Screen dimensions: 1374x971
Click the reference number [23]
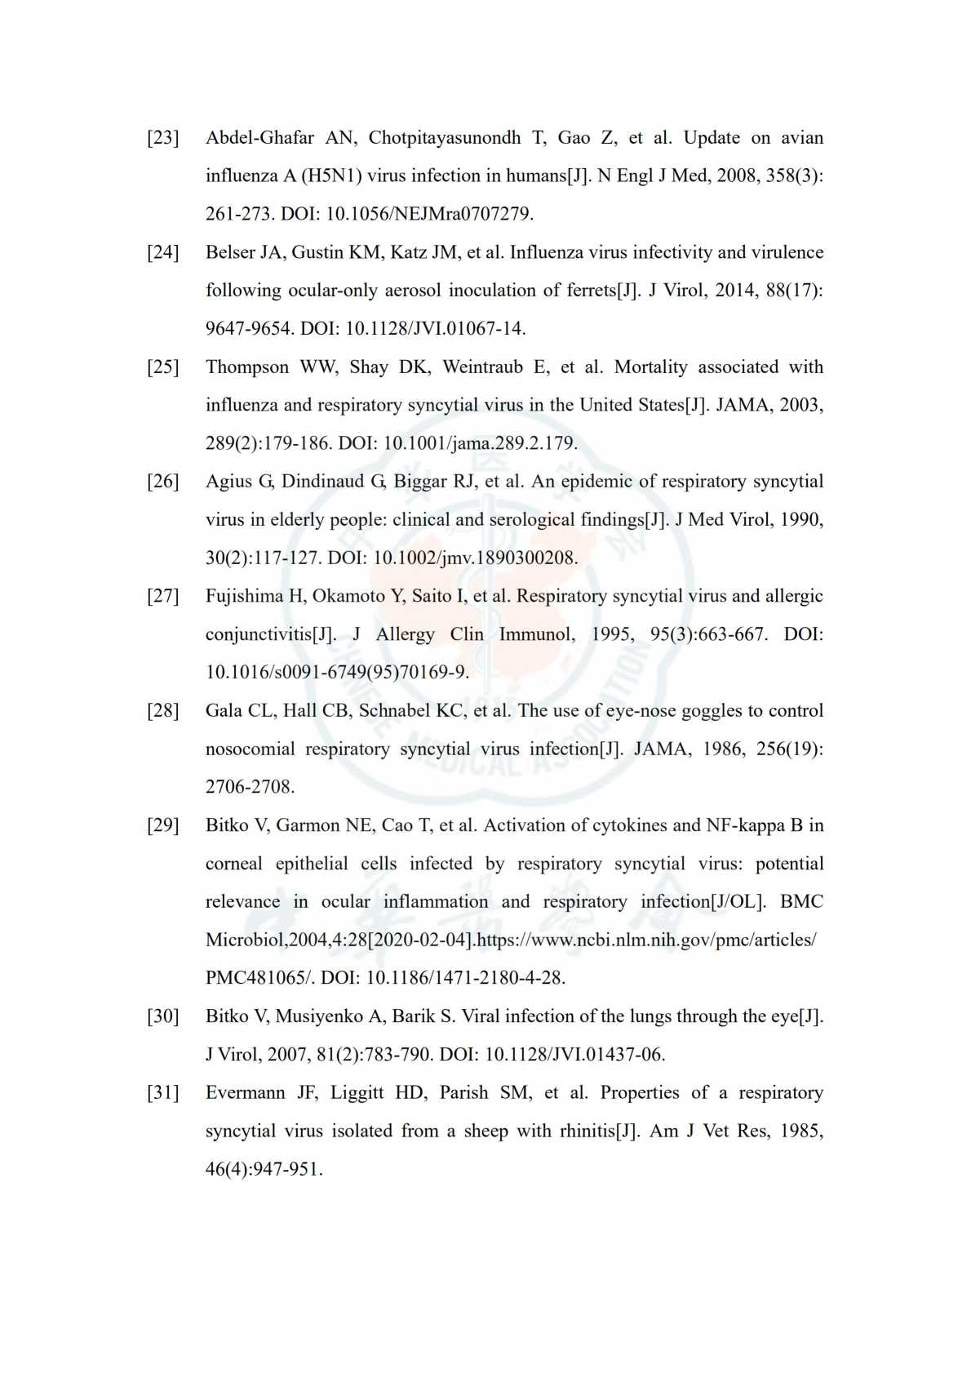coord(162,138)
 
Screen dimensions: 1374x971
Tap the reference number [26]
coord(162,482)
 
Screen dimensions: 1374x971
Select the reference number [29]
coord(162,825)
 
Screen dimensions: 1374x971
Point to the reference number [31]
coord(162,1093)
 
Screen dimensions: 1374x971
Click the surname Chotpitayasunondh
coord(445,138)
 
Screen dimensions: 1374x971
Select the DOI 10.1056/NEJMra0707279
coord(429,215)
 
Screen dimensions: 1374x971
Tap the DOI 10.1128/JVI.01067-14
coord(435,329)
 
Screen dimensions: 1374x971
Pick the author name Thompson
coord(247,367)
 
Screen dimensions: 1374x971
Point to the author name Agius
coord(228,482)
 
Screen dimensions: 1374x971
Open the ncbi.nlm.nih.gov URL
coord(645,940)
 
